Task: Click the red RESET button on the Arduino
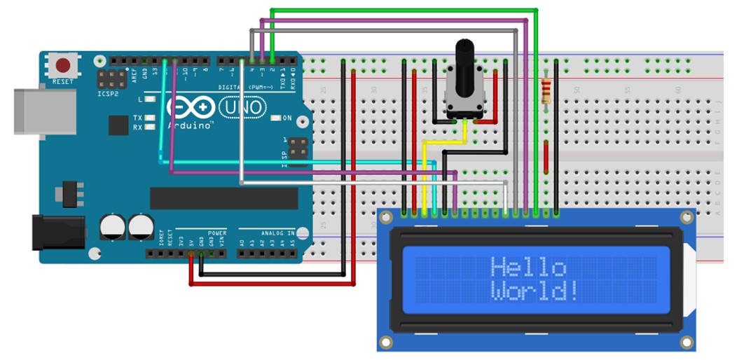pos(63,66)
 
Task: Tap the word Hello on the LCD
pos(528,268)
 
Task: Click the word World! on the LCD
pos(535,291)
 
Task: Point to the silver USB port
pos(43,111)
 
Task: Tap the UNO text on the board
pos(243,107)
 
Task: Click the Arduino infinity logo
pos(191,107)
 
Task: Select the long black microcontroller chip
pos(223,198)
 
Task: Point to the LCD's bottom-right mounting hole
pos(687,342)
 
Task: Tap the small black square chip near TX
pos(118,125)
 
